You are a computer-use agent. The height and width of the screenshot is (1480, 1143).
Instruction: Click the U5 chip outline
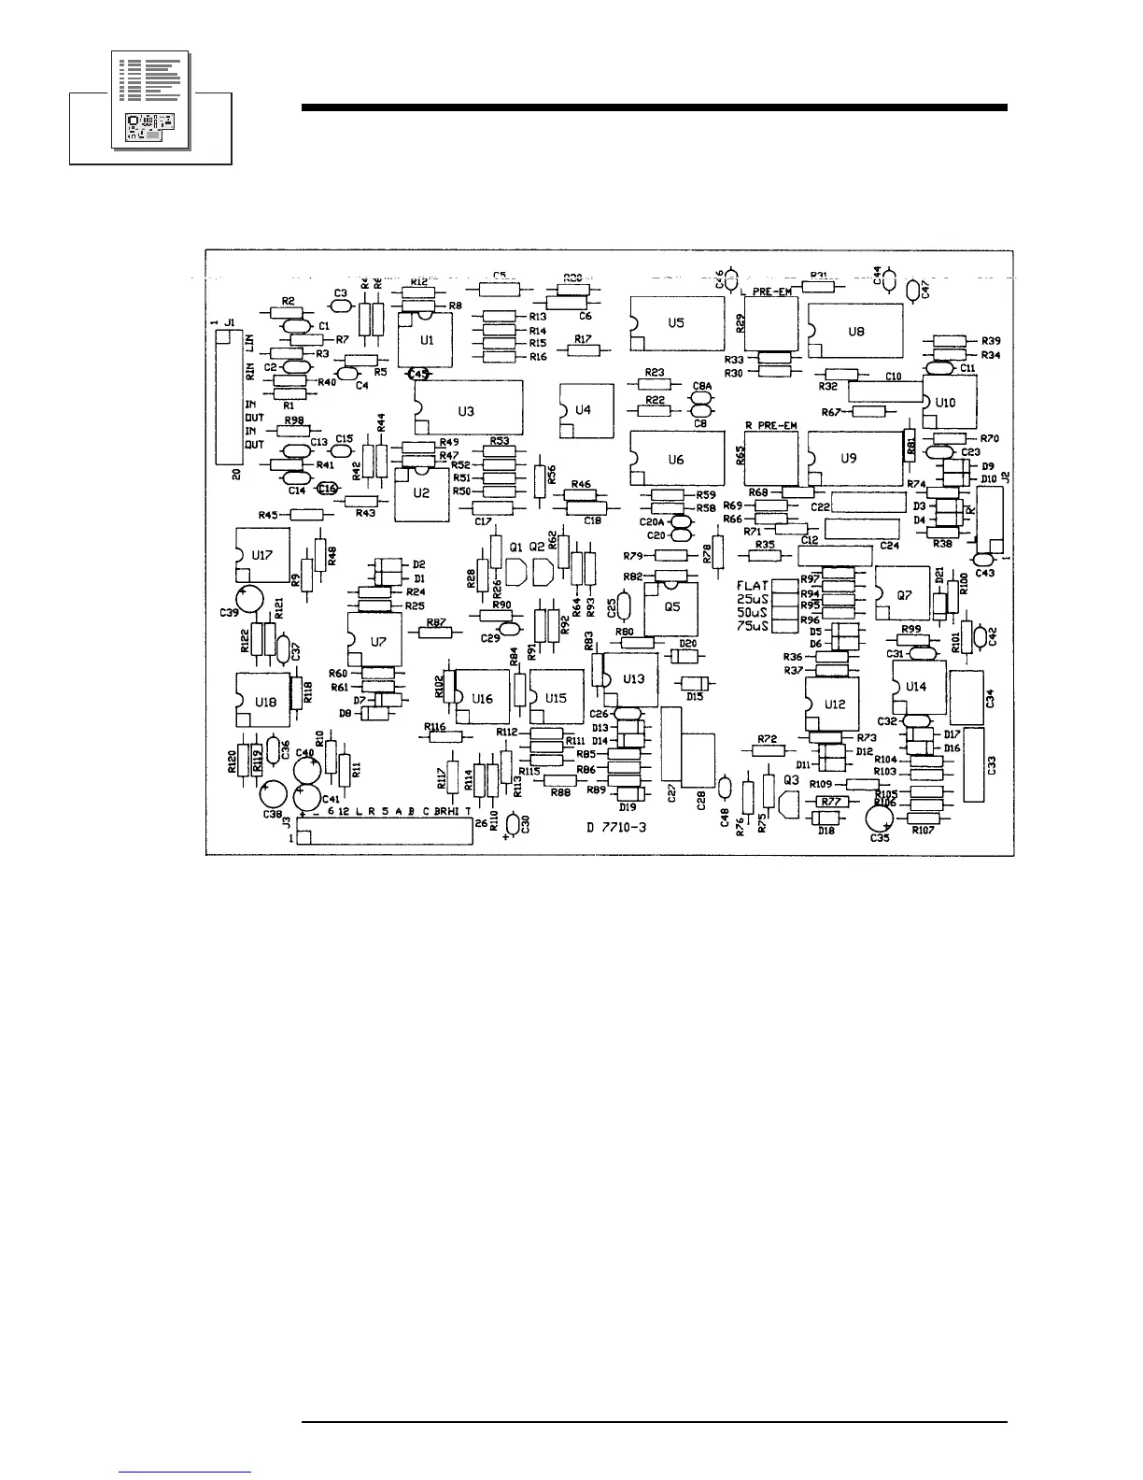(x=677, y=322)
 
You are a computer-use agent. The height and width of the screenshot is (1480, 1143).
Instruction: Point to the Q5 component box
(x=672, y=605)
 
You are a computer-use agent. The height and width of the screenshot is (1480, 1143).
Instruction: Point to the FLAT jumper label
(x=753, y=586)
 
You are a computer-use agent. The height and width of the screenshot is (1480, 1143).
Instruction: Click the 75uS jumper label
(x=753, y=625)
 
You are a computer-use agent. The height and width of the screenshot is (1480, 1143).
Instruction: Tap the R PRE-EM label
(x=771, y=426)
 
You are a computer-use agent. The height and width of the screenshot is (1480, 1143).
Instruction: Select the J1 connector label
(x=229, y=322)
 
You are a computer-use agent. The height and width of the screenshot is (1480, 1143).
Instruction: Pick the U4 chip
(x=582, y=410)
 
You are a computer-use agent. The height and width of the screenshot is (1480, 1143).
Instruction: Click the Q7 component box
(x=901, y=594)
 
